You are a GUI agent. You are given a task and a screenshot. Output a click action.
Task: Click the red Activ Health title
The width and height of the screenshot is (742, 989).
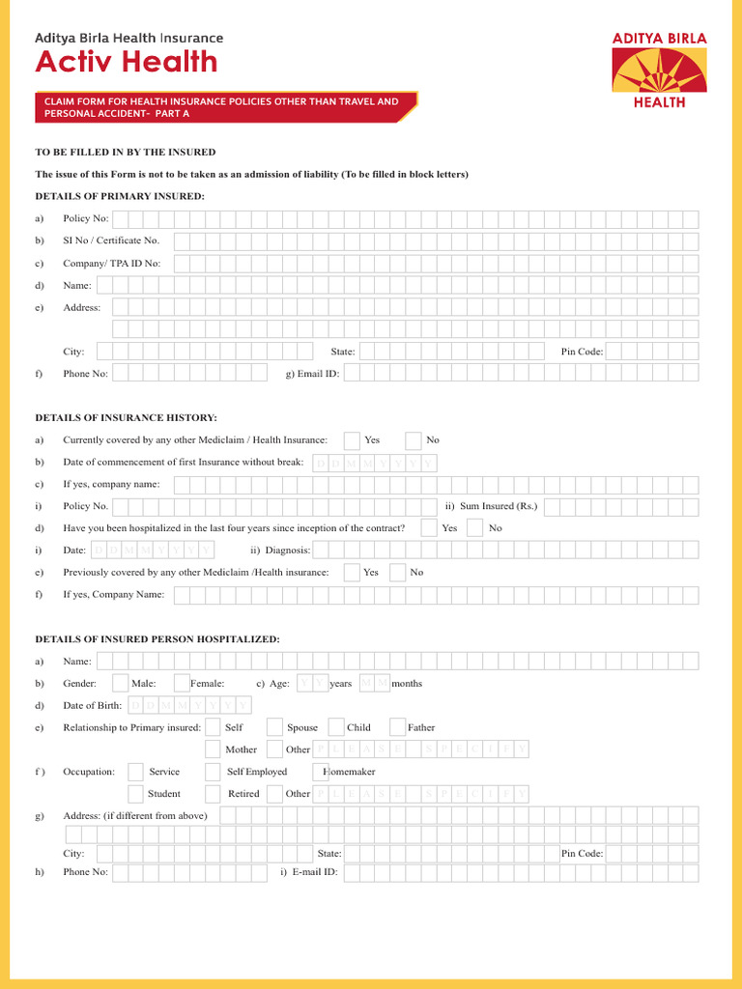(x=127, y=63)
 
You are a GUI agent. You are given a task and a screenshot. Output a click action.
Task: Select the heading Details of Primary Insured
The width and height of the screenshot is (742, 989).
(x=120, y=196)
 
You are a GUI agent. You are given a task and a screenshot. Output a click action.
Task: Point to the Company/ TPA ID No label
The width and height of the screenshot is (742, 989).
(x=111, y=263)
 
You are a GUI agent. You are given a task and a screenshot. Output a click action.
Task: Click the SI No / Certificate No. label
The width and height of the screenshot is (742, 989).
(x=111, y=240)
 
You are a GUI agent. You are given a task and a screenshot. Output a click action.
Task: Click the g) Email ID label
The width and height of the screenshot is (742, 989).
(x=312, y=374)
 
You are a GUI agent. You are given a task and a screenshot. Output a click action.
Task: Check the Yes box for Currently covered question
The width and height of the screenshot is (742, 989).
(x=352, y=440)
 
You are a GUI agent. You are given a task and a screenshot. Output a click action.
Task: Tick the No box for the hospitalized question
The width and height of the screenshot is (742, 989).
(x=474, y=528)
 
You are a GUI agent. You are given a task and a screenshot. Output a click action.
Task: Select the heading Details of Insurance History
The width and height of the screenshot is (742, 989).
(x=127, y=417)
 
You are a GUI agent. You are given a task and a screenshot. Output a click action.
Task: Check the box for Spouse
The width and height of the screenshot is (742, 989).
(x=274, y=727)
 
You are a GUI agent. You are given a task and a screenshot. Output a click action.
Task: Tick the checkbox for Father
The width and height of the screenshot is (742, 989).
(x=397, y=727)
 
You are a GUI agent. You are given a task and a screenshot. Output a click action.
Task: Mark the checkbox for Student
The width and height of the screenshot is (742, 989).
(x=135, y=794)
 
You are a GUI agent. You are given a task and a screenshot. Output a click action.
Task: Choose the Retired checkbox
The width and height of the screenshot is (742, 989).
(x=213, y=794)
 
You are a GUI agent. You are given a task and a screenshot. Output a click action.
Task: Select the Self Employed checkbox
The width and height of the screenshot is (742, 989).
(x=213, y=772)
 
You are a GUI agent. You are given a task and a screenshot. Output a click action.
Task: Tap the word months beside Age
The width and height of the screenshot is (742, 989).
(x=407, y=684)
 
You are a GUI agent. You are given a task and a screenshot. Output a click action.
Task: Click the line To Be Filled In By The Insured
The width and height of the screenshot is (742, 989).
(x=126, y=153)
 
